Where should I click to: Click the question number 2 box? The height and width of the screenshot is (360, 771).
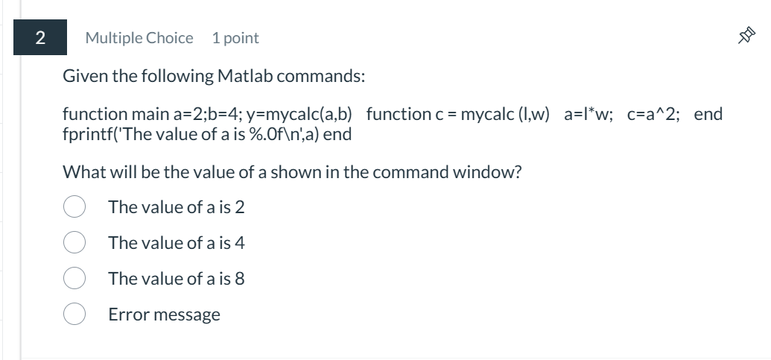(39, 37)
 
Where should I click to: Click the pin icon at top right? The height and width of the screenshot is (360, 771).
(747, 37)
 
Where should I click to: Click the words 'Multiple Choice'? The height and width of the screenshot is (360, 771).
(139, 37)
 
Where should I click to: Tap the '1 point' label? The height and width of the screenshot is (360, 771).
(235, 37)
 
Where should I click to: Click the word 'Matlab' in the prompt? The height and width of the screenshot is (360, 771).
(242, 76)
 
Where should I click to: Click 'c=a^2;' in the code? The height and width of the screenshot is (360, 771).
(653, 114)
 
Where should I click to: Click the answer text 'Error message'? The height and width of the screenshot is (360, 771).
(164, 314)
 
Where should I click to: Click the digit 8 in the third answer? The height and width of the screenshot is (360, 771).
(239, 278)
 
